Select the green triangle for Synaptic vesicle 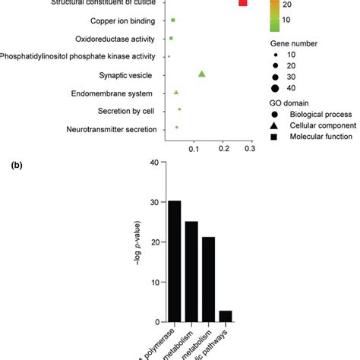click(x=202, y=74)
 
